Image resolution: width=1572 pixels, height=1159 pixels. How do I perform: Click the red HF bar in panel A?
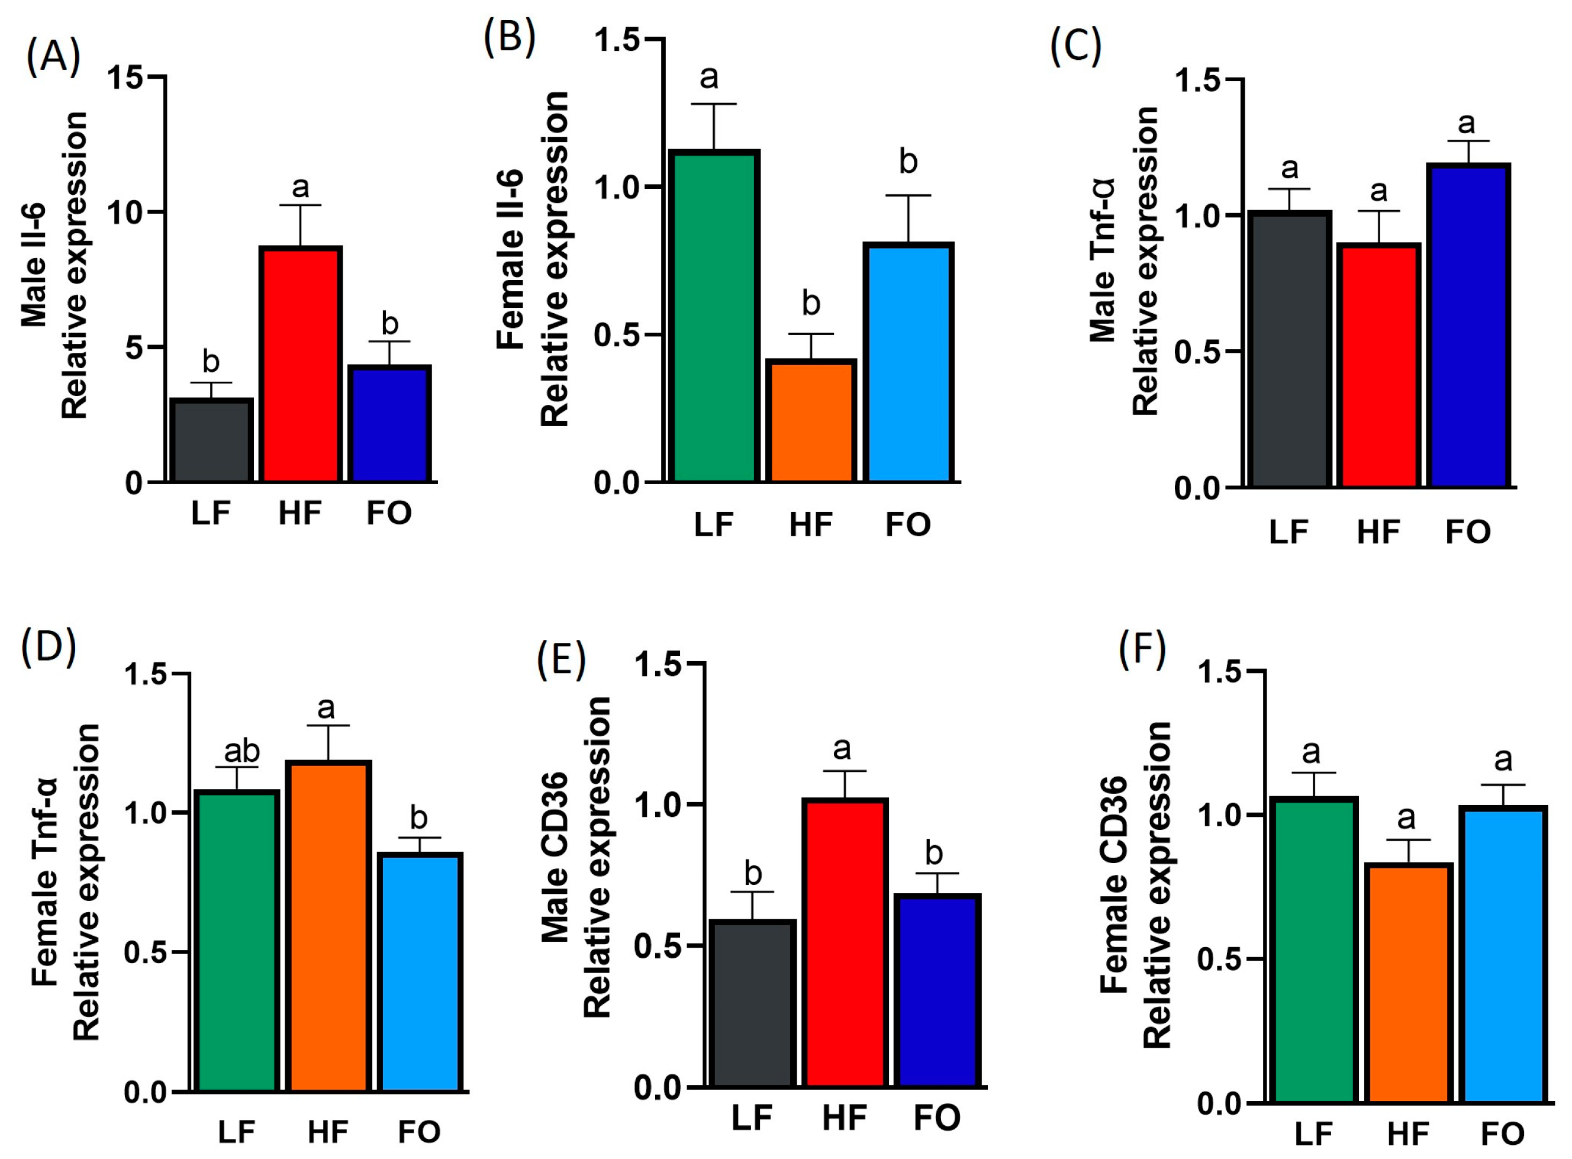pos(300,365)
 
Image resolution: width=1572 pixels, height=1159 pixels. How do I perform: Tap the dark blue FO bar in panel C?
pos(1467,326)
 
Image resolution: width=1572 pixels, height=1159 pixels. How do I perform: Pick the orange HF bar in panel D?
pos(327,926)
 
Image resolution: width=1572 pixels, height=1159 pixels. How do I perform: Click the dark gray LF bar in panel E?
pos(752,1003)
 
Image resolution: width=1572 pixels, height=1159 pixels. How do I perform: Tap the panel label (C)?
pos(1075,48)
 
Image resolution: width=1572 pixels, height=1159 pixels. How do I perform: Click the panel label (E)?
pos(560,661)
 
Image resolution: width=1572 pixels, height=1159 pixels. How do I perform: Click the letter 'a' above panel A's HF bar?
pos(300,187)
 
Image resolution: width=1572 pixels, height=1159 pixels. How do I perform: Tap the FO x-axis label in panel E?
pos(936,1118)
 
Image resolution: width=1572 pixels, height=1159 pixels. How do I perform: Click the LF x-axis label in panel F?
pos(1313,1134)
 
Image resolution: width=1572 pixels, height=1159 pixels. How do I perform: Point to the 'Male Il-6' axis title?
pos(34,265)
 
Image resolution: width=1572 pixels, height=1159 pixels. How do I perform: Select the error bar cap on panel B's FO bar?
pos(908,196)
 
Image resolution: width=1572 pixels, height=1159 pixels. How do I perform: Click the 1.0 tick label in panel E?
pos(658,804)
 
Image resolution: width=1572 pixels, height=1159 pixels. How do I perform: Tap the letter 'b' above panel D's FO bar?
pos(419,818)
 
